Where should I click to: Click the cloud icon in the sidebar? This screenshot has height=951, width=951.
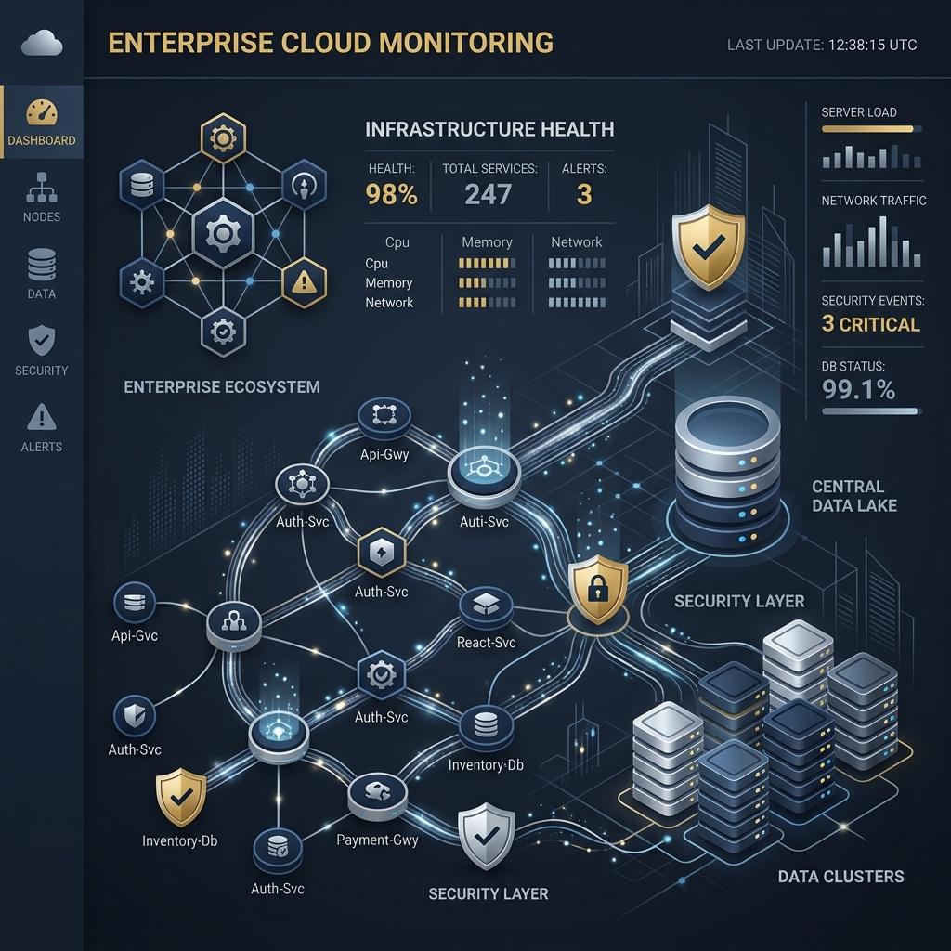[42, 43]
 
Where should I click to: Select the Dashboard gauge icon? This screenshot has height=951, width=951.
[42, 112]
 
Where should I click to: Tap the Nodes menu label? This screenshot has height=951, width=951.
[42, 216]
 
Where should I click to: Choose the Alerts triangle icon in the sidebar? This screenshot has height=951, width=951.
[42, 417]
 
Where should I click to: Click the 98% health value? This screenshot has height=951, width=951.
[391, 195]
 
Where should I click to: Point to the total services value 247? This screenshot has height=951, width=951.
[489, 195]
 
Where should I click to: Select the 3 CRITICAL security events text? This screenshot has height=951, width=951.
[870, 324]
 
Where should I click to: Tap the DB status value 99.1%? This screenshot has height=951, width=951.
[858, 389]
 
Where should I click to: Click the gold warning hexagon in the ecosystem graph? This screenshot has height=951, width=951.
[304, 282]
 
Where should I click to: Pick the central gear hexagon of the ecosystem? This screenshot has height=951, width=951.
[223, 233]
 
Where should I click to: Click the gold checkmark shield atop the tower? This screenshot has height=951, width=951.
[708, 246]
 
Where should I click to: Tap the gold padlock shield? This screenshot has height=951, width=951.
[597, 589]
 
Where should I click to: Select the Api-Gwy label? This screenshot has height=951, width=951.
[384, 454]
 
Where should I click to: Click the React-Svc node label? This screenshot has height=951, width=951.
[486, 643]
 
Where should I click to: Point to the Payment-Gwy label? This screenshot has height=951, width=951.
[377, 840]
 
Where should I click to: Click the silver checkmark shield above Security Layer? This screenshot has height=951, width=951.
[486, 836]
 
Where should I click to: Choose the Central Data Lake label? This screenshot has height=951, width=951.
[854, 496]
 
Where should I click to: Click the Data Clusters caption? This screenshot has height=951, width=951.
[840, 877]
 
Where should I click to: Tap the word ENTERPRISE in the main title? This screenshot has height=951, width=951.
[190, 43]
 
